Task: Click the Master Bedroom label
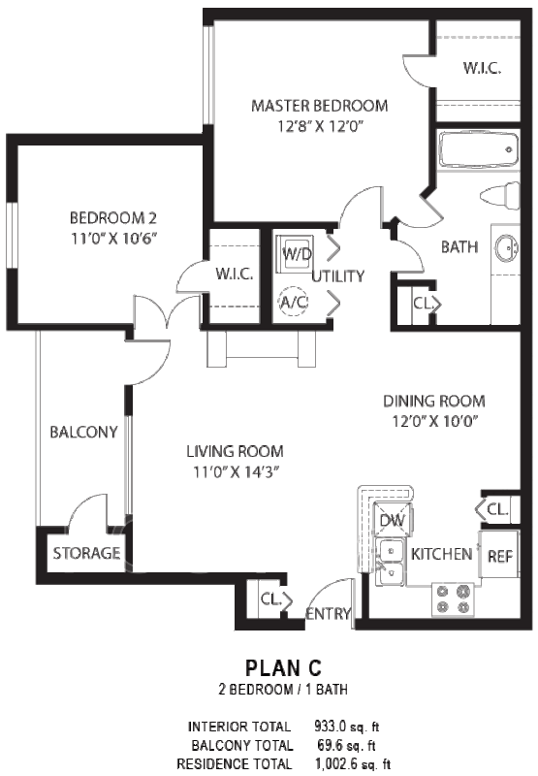point(320,106)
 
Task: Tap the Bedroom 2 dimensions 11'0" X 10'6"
point(114,239)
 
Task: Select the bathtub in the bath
point(478,149)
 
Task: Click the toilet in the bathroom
point(500,195)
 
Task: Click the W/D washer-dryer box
point(295,252)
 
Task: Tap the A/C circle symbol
point(294,302)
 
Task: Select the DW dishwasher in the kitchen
point(393,519)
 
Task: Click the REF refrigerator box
point(499,555)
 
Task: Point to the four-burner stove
point(453,599)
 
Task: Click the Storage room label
point(86,553)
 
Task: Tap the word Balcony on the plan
point(83,432)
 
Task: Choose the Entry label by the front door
point(328,614)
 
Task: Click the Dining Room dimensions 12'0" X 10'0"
point(434,422)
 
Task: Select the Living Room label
point(235,451)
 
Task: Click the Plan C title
point(284,668)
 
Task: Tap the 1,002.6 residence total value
point(336,763)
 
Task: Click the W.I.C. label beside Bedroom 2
point(235,274)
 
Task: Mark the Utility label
point(338,276)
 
